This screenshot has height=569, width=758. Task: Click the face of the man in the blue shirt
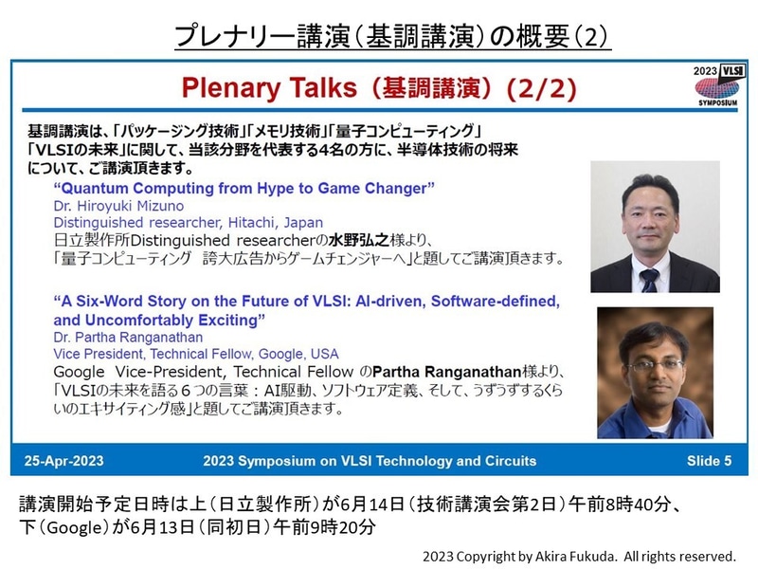click(x=647, y=358)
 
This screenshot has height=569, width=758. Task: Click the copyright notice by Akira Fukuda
click(x=580, y=555)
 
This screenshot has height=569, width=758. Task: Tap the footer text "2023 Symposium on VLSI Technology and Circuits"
click(x=370, y=462)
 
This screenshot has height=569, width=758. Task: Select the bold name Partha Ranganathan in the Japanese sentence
click(x=436, y=370)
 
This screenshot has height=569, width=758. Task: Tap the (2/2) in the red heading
click(x=540, y=91)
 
